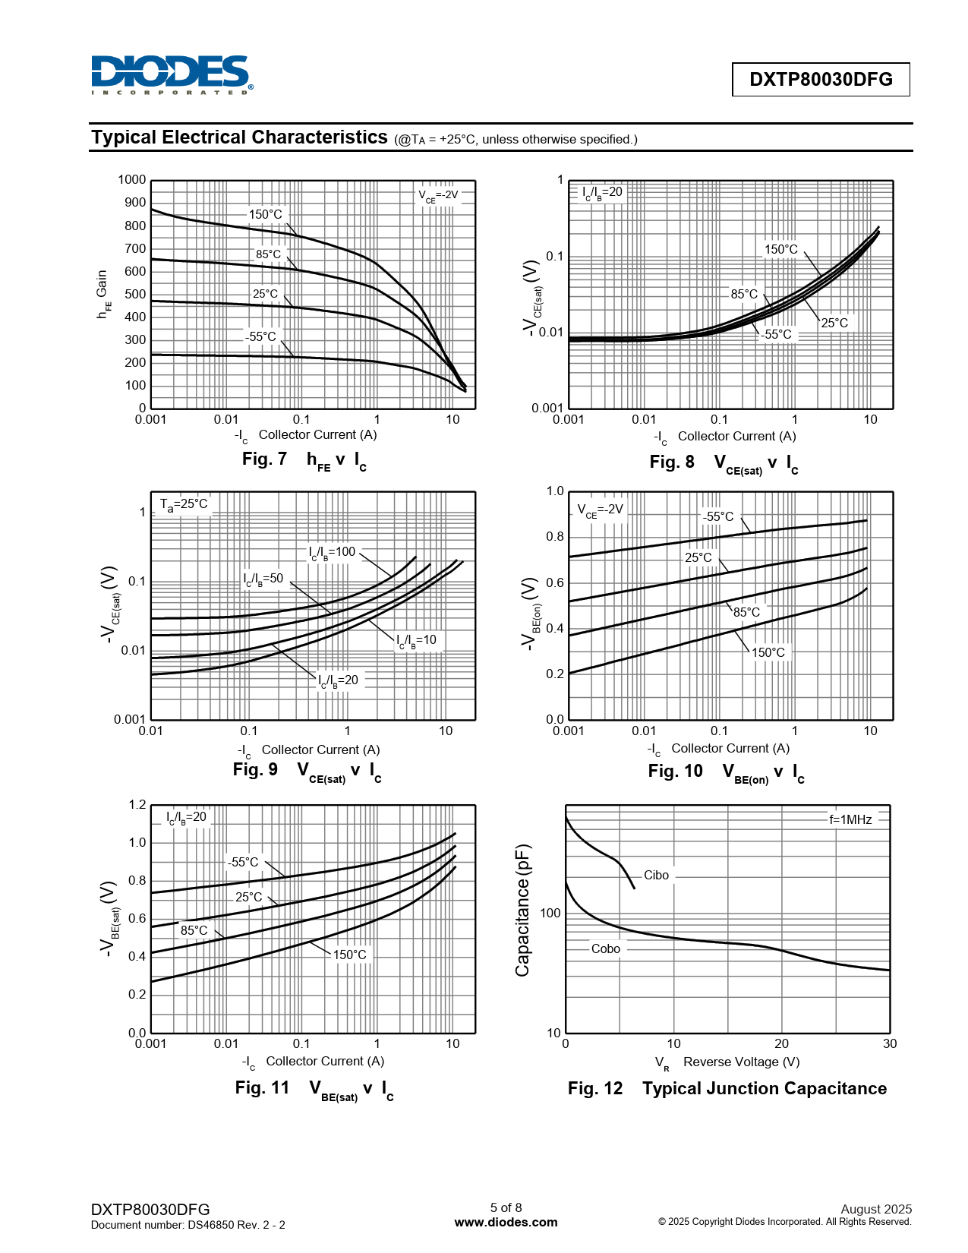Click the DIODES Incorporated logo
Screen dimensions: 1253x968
point(172,74)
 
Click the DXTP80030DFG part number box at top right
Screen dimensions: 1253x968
point(820,80)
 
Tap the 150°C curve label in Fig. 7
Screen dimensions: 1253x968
point(266,214)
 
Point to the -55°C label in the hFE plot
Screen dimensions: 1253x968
point(260,336)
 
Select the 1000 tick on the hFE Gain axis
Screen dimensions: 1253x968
point(132,180)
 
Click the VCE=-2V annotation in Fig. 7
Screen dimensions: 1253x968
point(438,195)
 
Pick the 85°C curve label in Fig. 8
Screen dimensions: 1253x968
point(744,294)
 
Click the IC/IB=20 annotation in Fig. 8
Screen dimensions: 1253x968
point(602,192)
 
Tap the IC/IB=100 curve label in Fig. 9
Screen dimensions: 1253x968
point(332,552)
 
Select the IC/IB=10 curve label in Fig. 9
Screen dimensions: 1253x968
point(416,640)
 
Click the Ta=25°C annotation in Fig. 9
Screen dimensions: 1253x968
point(184,504)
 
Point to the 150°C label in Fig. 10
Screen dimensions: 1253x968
point(768,652)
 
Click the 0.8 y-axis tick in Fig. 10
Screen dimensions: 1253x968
point(555,537)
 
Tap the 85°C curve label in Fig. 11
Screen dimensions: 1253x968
point(194,930)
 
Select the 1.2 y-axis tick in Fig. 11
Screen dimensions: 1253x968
point(137,805)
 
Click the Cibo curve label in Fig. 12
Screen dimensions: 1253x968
point(656,876)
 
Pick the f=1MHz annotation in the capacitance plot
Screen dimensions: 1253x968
point(850,819)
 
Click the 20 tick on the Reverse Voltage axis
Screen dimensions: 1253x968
point(781,1044)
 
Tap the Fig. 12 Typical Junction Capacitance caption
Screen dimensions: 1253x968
point(727,1088)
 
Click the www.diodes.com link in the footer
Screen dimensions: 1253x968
point(506,1223)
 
